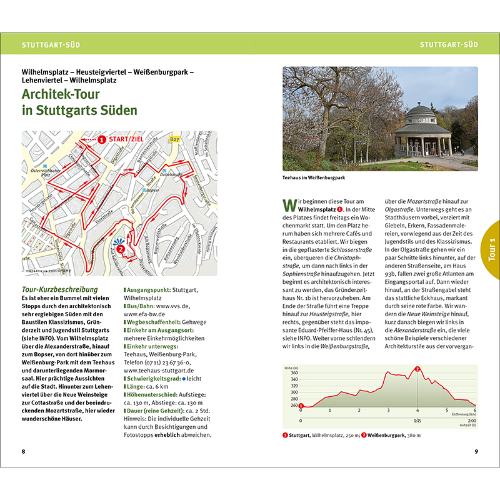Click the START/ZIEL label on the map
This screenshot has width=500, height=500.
click(129, 140)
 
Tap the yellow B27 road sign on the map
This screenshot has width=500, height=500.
click(175, 140)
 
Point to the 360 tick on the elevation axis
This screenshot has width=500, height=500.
click(294, 372)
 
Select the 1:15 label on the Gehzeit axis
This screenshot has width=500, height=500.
click(417, 421)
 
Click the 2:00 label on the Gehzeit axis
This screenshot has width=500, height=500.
click(472, 421)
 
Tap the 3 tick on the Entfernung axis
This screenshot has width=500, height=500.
click(388, 411)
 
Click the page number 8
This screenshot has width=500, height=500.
click(23, 451)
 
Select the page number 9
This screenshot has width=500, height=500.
click(476, 451)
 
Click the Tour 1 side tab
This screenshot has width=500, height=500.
click(491, 249)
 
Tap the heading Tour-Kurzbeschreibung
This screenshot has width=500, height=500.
click(59, 289)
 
